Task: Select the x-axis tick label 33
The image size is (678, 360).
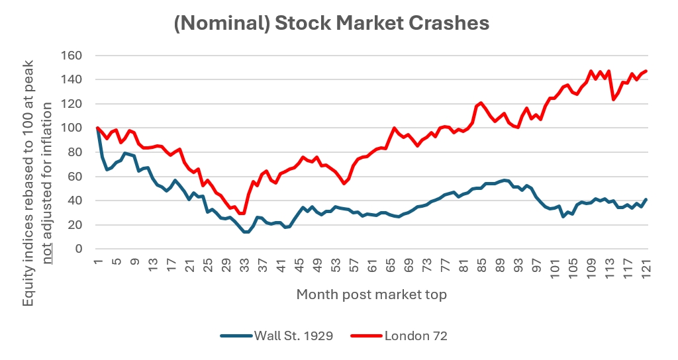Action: point(244,265)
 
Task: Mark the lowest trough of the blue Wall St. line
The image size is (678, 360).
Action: point(246,232)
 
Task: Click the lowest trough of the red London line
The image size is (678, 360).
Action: point(242,214)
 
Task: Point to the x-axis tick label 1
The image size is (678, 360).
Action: point(97,265)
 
